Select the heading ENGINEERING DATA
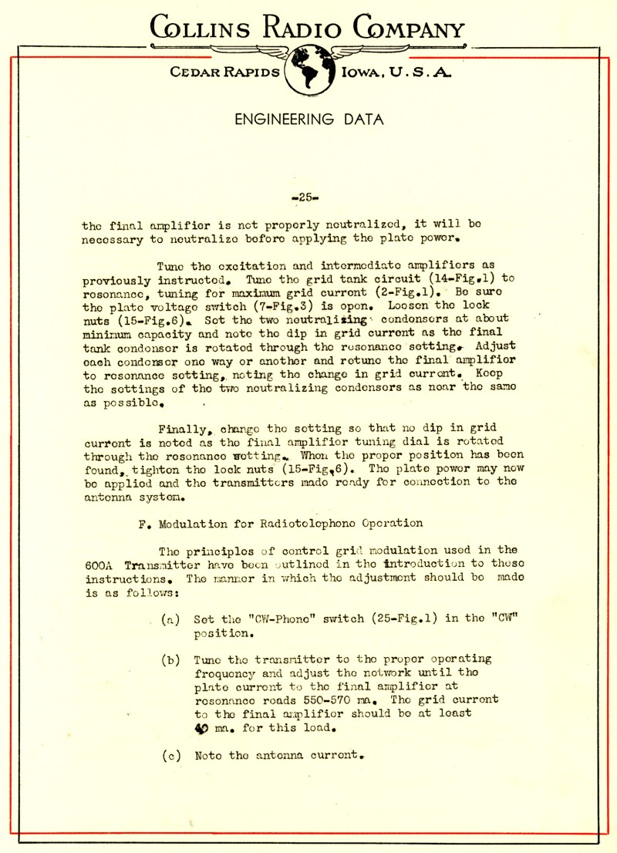(308, 119)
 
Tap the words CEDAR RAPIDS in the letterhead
(224, 72)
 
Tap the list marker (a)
(170, 619)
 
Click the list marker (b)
(170, 660)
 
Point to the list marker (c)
(170, 755)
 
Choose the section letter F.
(143, 523)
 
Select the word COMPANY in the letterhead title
(410, 29)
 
